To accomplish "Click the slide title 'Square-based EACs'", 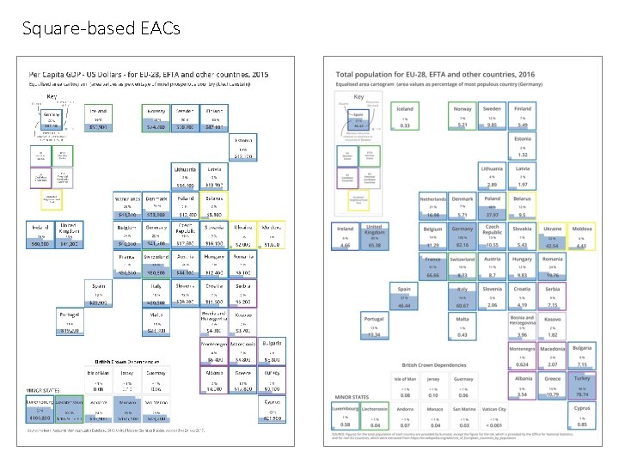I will pyautogui.click(x=101, y=29).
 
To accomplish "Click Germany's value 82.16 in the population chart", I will pyautogui.click(x=463, y=246).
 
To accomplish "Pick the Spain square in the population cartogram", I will pyautogui.click(x=403, y=296).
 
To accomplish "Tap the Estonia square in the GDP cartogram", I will pyautogui.click(x=243, y=148).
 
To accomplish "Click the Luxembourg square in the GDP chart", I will pyautogui.click(x=40, y=411).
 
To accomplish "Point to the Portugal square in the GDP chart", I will pyautogui.click(x=70, y=322).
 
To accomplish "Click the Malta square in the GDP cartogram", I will pyautogui.click(x=156, y=322).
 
